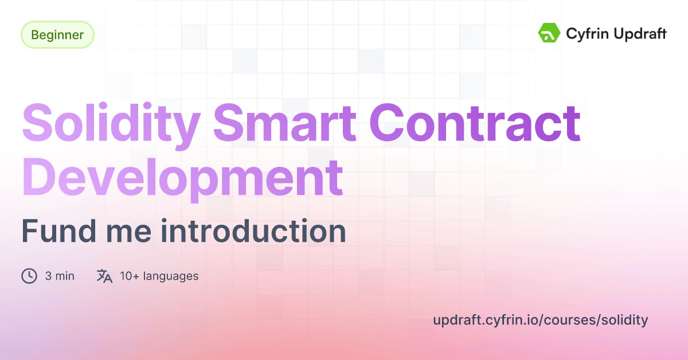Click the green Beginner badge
point(57,34)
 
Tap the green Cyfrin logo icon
point(549,33)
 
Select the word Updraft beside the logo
point(638,34)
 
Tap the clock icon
point(29,276)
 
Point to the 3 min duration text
point(60,276)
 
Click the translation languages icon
point(104,276)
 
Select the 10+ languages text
point(159,276)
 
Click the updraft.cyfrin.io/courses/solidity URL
point(540,320)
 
